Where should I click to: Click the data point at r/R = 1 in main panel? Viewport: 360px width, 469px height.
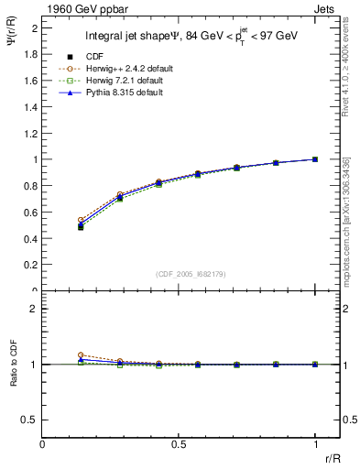click(315, 159)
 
